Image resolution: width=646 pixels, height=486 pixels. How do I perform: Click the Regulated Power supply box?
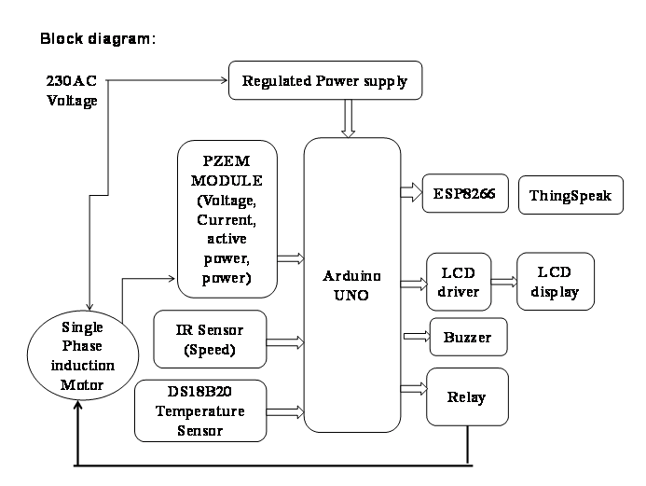click(323, 81)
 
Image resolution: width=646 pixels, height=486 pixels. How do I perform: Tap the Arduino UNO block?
click(351, 285)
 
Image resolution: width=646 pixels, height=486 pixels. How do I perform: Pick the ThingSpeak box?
click(570, 195)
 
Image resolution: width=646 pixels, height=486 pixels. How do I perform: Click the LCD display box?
click(555, 281)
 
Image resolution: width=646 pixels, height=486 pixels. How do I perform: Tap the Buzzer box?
click(468, 337)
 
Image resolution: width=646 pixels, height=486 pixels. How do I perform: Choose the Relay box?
click(467, 397)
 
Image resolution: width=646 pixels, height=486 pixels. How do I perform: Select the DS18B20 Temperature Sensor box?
click(200, 410)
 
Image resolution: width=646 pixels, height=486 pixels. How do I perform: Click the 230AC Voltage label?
click(71, 90)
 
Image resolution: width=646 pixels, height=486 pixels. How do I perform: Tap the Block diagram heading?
click(96, 40)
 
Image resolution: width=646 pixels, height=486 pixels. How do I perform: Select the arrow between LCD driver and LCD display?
click(503, 280)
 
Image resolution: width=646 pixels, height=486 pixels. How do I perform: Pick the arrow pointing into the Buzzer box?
click(415, 336)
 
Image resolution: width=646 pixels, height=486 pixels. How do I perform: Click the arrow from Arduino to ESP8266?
click(411, 192)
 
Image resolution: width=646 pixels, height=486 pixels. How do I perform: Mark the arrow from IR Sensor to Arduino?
click(286, 337)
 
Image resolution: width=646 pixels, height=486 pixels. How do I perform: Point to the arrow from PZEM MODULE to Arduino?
click(291, 257)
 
